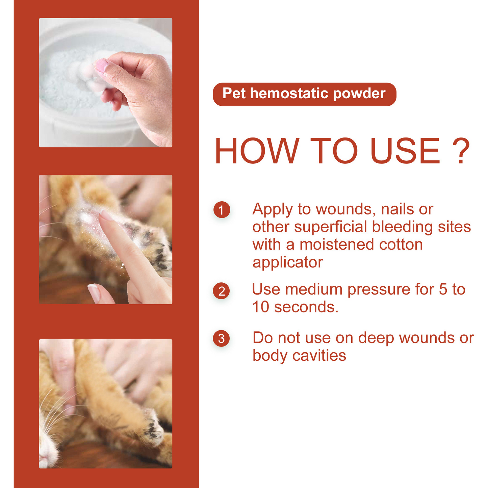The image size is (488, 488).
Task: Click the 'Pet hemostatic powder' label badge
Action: [x=304, y=94]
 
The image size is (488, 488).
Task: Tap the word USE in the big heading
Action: [x=405, y=151]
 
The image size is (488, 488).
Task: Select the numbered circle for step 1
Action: [x=222, y=210]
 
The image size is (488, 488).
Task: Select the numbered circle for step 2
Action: [x=222, y=291]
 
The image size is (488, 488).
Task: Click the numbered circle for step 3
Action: [x=222, y=338]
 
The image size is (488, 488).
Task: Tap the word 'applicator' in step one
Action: [x=287, y=262]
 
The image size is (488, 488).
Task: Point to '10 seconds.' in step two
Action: [x=295, y=307]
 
